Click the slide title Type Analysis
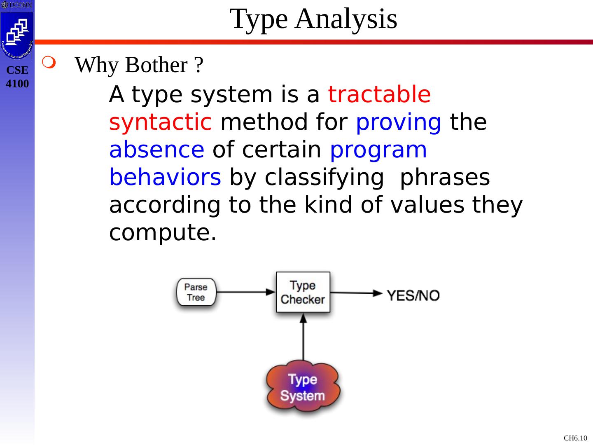313,19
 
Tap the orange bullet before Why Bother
49,62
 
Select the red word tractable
379,94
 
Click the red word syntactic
160,122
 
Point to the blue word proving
399,122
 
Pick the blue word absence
157,150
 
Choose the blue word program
378,150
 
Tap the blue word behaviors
165,177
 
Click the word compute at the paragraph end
163,233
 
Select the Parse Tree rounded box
196,292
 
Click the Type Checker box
303,292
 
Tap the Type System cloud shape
303,386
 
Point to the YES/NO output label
413,295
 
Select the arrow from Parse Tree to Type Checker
246,292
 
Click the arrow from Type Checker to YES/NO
356,293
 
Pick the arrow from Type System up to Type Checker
303,337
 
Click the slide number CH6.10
575,438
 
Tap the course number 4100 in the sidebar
17,84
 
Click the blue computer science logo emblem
17,35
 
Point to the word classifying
324,178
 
